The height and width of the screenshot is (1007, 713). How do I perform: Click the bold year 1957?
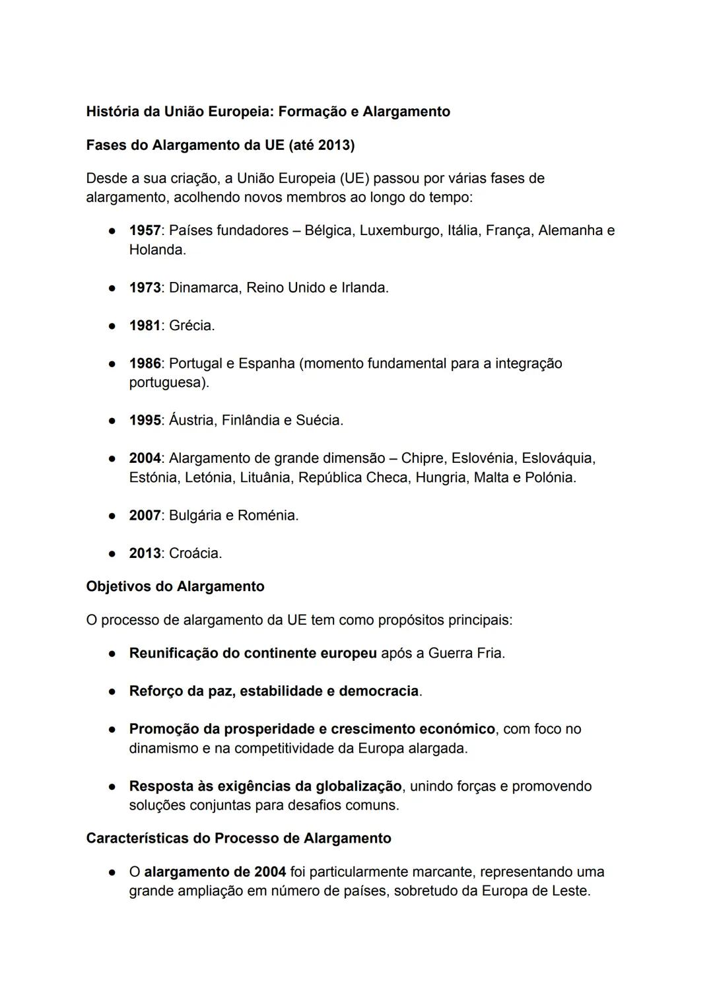point(145,230)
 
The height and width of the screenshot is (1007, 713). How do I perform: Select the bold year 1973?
point(145,288)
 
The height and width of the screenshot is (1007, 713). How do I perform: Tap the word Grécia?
point(191,326)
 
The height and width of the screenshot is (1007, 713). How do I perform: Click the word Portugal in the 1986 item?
point(195,364)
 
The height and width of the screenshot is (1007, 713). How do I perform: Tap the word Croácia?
point(195,553)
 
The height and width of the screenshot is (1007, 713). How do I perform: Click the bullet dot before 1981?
point(113,326)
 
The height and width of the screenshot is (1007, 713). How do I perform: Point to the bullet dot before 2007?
point(113,516)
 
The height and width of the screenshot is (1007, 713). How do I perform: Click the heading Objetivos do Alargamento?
point(175,586)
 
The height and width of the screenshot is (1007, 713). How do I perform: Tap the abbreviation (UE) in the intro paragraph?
point(355,178)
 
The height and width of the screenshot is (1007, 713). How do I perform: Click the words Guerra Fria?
point(465,654)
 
